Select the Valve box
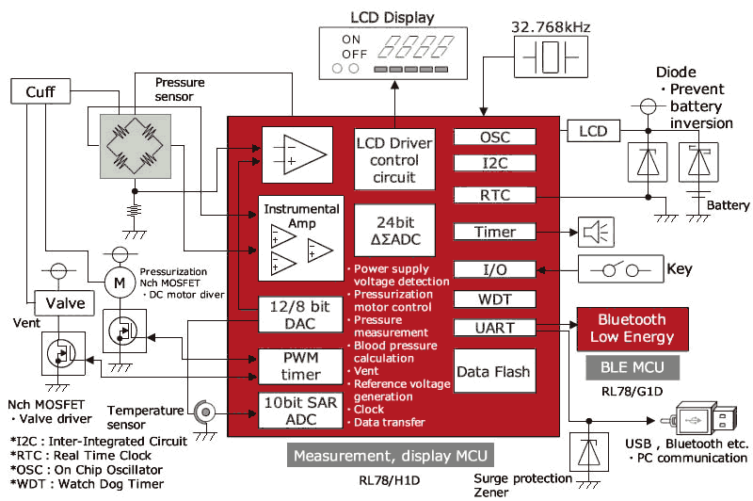66,302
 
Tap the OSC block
494,137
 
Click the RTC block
494,194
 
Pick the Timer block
494,232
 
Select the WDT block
494,299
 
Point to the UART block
494,328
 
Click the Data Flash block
494,372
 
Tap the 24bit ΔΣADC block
395,230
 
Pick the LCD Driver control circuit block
395,159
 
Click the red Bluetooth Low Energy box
632,328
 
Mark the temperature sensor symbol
200,411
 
